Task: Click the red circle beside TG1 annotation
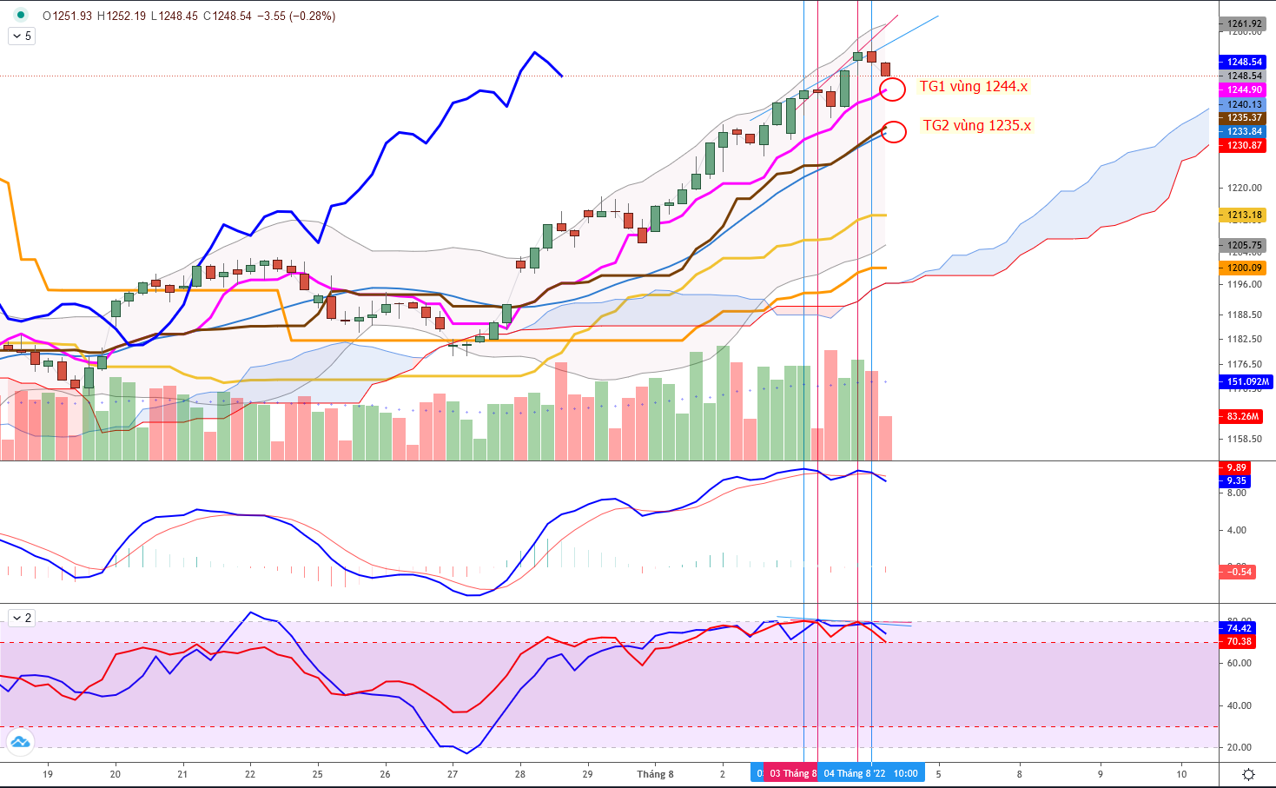(893, 89)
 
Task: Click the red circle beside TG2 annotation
(894, 131)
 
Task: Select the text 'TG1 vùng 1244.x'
(973, 86)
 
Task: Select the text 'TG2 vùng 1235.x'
(976, 125)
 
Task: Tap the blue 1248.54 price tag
(1244, 62)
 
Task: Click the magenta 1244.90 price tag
(1244, 89)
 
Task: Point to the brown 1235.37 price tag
(1244, 117)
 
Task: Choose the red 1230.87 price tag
(1244, 145)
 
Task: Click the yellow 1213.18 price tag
(1244, 215)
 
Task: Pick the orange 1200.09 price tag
(1244, 268)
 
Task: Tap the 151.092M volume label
(1247, 381)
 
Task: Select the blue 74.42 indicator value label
(1239, 628)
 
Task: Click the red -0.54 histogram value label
(1239, 572)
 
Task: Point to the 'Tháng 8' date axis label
(655, 774)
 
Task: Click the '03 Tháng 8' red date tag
(791, 773)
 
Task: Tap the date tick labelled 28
(519, 774)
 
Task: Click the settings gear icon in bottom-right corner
(1248, 774)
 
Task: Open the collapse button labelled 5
(22, 36)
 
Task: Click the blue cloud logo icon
(19, 741)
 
